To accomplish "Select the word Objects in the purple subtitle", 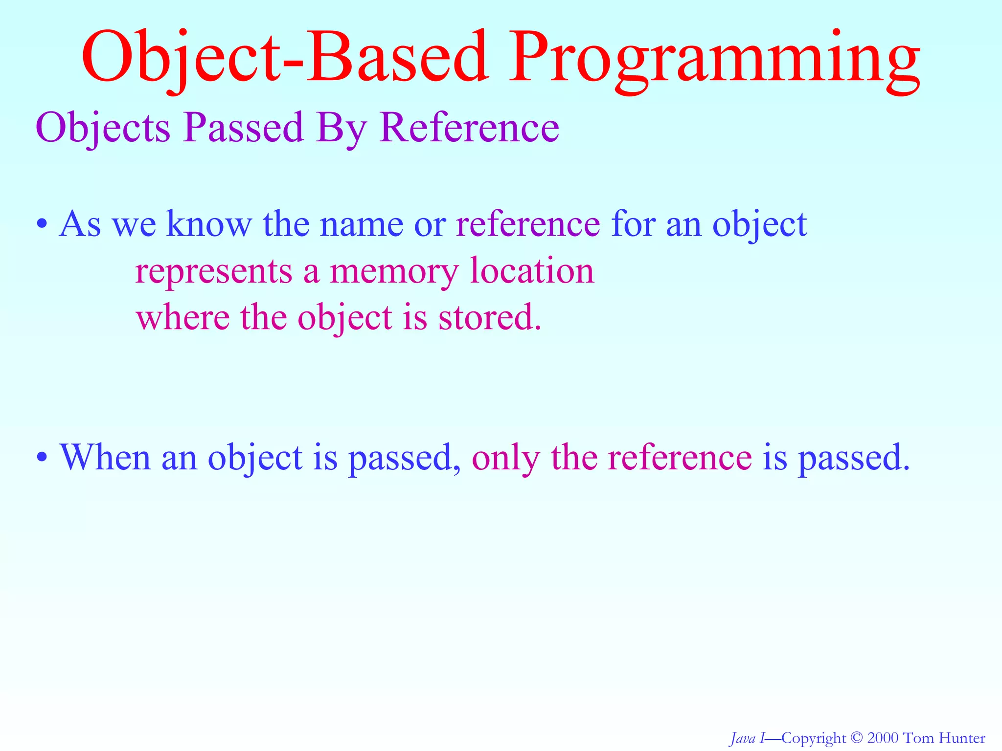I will pos(103,128).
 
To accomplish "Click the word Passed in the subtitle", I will pos(244,128).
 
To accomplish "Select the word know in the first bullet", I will pos(209,224).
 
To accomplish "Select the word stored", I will pos(489,317).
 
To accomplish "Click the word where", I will pos(183,317).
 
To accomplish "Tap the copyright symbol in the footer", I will pos(856,737).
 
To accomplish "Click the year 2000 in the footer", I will pos(883,737).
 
